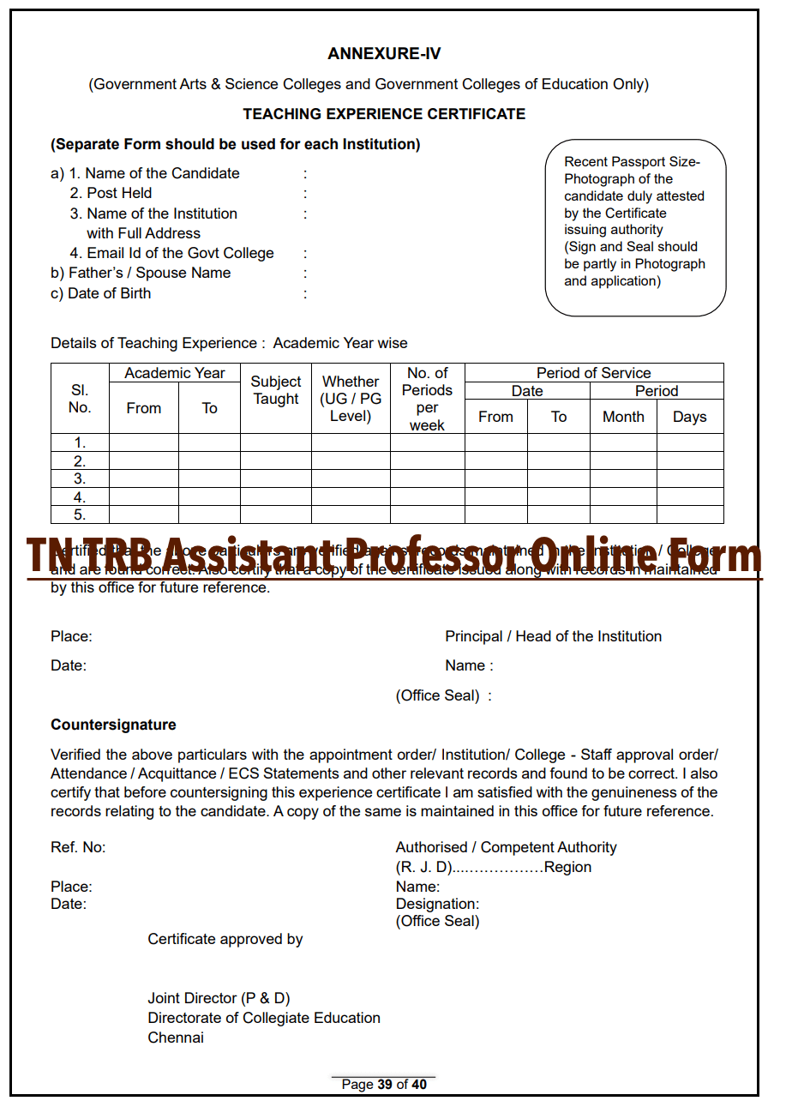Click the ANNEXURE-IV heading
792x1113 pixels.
[384, 54]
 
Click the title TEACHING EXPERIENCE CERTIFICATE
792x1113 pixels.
[384, 114]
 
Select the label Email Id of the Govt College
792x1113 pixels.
[171, 253]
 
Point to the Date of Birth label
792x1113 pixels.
[100, 293]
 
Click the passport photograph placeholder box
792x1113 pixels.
[635, 227]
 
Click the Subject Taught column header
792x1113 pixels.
[276, 390]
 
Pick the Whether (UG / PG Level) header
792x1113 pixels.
[351, 399]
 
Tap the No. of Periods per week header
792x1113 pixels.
[427, 399]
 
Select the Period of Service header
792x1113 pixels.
[593, 373]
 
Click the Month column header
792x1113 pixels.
[623, 417]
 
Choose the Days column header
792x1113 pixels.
[690, 417]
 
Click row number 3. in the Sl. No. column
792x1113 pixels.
[80, 478]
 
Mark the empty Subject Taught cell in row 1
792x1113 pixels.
[276, 442]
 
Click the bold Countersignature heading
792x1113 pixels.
[113, 725]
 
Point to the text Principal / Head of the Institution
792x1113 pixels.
[553, 636]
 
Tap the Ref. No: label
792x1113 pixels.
[78, 847]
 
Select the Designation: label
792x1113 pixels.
[437, 904]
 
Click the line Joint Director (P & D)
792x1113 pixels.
[219, 998]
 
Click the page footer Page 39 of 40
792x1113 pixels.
[384, 1085]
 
